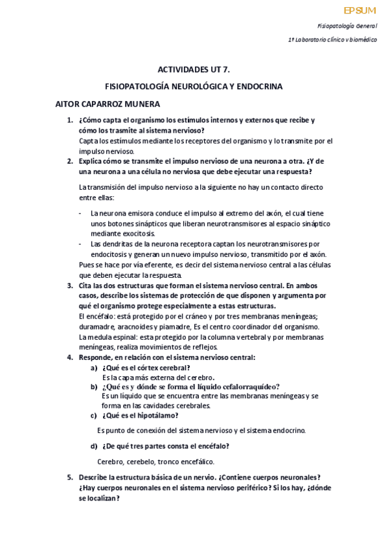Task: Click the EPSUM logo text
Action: point(359,10)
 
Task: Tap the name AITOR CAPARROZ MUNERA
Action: point(108,104)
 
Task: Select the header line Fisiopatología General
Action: point(347,26)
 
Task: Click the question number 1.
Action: point(70,120)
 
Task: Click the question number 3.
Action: point(70,285)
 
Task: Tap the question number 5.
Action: point(70,477)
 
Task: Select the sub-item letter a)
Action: point(94,368)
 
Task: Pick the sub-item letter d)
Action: point(94,445)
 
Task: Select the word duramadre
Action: point(97,326)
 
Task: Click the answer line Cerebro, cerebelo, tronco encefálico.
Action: point(155,462)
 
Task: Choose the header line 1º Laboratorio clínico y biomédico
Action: point(332,39)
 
